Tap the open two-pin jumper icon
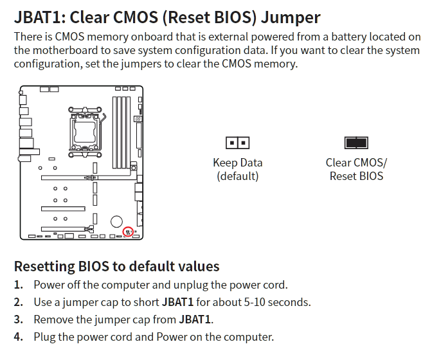coord(237,143)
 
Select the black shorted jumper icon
coord(356,143)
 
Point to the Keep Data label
coord(237,163)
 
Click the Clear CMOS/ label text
coord(356,163)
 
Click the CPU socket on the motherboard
coord(85,132)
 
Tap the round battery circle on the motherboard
coord(116,221)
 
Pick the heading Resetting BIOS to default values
coord(116,266)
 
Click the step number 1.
coord(18,285)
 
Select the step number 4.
coord(18,337)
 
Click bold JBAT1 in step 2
coord(177,302)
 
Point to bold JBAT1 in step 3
coord(195,319)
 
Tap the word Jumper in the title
coord(291,18)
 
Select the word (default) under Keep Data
coord(237,176)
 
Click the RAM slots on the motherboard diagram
coord(122,132)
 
